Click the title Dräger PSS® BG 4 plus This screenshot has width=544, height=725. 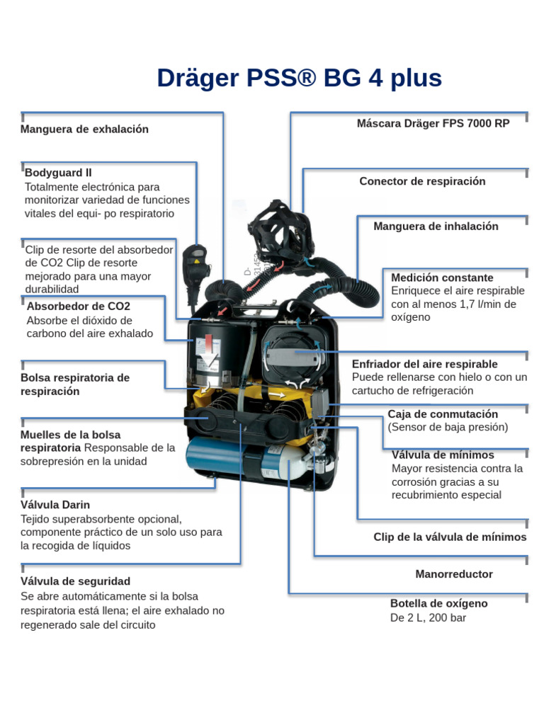coord(299,78)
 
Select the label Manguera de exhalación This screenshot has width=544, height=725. coord(84,129)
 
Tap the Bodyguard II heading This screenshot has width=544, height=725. coord(58,172)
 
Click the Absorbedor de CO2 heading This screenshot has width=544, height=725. coord(78,306)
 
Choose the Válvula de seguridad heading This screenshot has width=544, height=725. coord(75,581)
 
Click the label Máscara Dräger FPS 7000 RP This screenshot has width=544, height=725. coord(433,122)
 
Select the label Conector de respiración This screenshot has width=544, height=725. coord(422,181)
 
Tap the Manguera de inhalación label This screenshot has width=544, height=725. coord(436,226)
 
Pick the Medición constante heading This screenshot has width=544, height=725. coord(442,278)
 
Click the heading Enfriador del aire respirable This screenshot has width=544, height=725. coord(424,364)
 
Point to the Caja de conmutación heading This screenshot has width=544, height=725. coord(443,413)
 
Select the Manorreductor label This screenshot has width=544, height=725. coord(453,573)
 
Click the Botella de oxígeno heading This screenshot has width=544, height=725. coord(438,603)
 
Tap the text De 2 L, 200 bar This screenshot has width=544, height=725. coord(428,617)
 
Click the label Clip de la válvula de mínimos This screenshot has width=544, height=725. coord(450,537)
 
